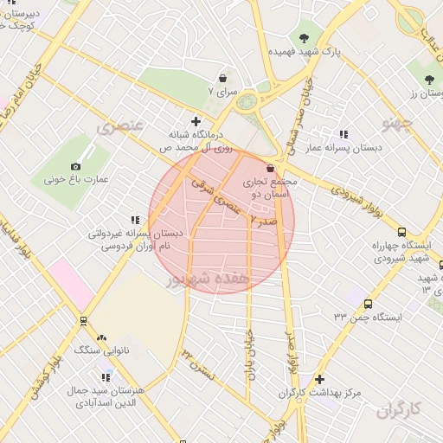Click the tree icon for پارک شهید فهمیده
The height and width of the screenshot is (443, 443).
[305, 37]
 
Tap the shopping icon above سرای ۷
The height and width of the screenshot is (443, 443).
[223, 77]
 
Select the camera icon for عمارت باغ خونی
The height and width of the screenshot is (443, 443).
[76, 166]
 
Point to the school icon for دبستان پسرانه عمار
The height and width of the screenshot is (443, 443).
[343, 134]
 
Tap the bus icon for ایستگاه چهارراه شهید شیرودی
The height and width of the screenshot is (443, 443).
[401, 232]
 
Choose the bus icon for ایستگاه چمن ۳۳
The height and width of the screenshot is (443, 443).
[369, 305]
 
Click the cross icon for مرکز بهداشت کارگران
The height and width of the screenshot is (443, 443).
[320, 379]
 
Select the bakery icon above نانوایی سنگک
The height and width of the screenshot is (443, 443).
[102, 337]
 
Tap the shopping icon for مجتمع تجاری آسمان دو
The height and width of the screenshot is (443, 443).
[271, 168]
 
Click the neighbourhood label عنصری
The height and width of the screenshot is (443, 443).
[119, 127]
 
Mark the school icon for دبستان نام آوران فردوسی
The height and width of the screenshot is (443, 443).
[134, 221]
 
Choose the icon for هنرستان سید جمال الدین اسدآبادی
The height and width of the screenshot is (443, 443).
[106, 377]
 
